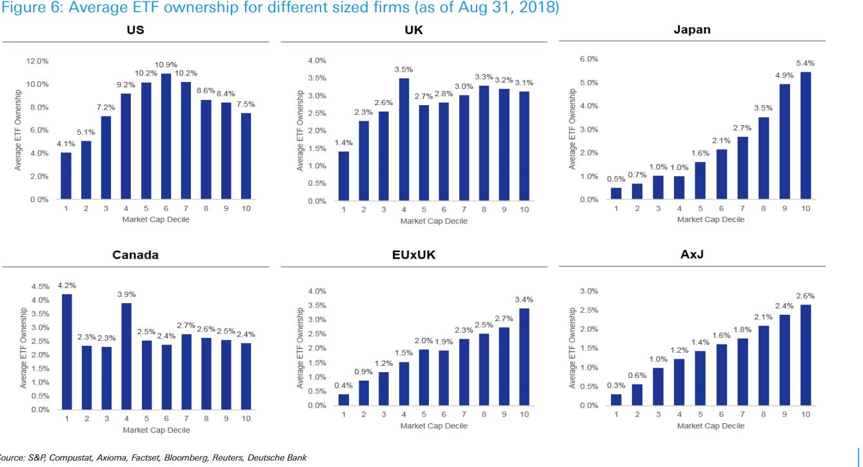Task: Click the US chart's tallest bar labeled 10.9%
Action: [x=166, y=136]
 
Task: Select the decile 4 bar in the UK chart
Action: [x=404, y=139]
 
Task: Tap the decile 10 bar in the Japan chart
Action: [x=806, y=135]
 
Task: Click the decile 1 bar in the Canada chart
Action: [x=66, y=352]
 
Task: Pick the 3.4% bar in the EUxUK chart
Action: [x=524, y=357]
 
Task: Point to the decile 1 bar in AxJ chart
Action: [x=617, y=400]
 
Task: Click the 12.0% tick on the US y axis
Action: [x=37, y=61]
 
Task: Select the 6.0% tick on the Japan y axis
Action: [x=590, y=59]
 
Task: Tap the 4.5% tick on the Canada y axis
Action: [x=40, y=286]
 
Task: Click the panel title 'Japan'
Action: [x=691, y=30]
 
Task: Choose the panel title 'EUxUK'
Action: [x=413, y=255]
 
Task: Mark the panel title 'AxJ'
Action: [x=691, y=255]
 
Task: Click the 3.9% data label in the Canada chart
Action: [x=126, y=294]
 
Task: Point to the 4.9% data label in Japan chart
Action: [x=784, y=75]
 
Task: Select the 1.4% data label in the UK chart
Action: [x=343, y=142]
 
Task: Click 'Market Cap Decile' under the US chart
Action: [x=156, y=219]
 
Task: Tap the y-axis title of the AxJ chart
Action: [x=572, y=348]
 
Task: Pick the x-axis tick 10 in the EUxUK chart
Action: [x=524, y=415]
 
